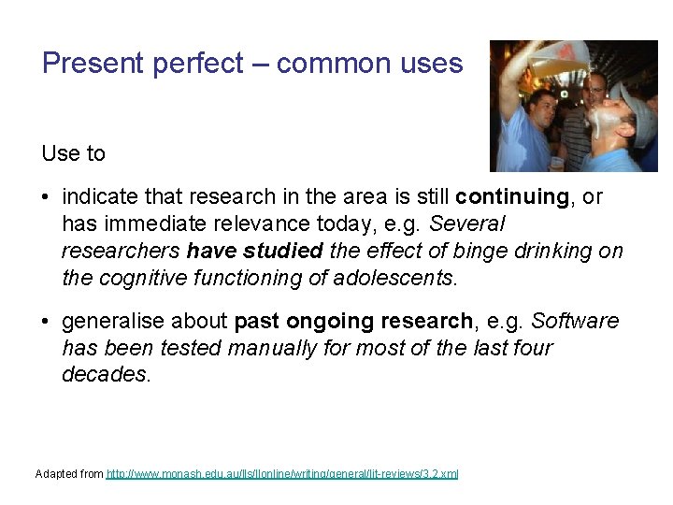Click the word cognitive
click(136, 279)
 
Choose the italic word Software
click(575, 322)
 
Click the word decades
click(105, 375)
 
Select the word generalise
click(114, 322)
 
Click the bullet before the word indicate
click(47, 197)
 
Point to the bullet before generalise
click(47, 322)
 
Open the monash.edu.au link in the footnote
click(282, 474)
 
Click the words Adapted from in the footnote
click(69, 474)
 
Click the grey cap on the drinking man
click(637, 113)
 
